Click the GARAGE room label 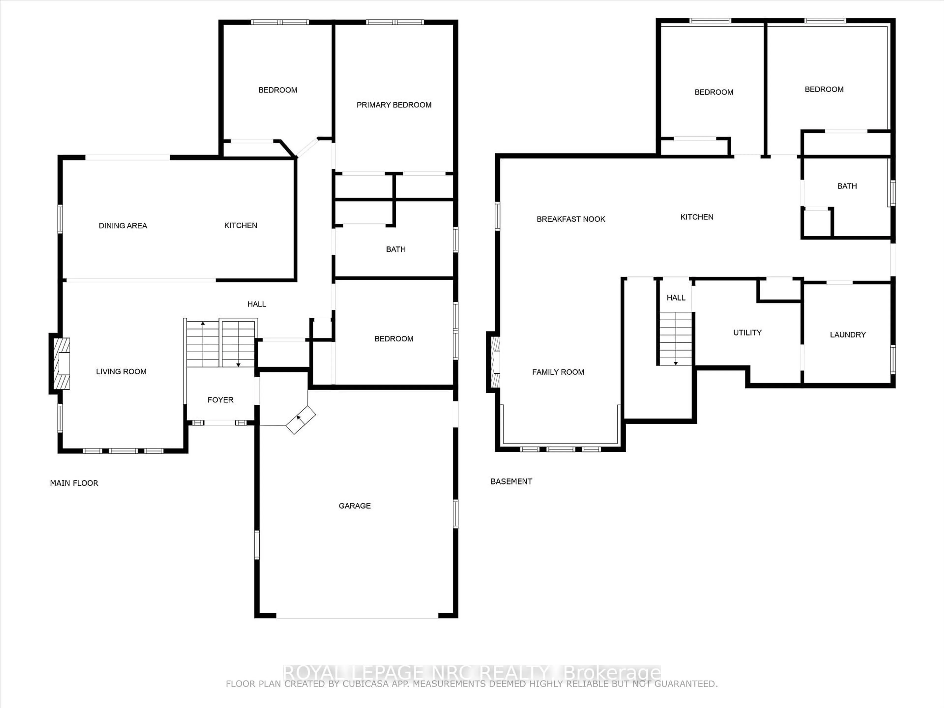pyautogui.click(x=355, y=506)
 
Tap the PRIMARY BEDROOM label pyautogui.click(x=394, y=105)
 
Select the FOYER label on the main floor pyautogui.click(x=220, y=400)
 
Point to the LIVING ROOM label pyautogui.click(x=121, y=372)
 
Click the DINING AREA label pyautogui.click(x=123, y=226)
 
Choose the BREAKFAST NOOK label pyautogui.click(x=571, y=219)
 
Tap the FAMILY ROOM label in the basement pyautogui.click(x=558, y=372)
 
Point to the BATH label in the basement pyautogui.click(x=847, y=186)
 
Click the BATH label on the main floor pyautogui.click(x=396, y=249)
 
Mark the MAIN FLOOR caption pyautogui.click(x=74, y=483)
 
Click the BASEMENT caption pyautogui.click(x=511, y=481)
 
